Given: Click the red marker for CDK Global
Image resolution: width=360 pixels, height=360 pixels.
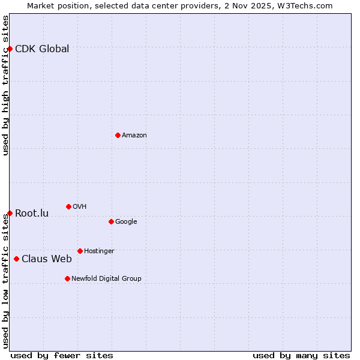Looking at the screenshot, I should (10, 49).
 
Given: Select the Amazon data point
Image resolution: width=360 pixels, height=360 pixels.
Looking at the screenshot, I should (118, 135).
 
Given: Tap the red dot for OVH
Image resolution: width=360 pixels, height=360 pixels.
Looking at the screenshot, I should (68, 206).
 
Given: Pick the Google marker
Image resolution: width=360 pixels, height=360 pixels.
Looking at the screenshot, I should (111, 221).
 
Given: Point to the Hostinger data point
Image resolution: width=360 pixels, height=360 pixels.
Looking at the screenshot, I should (80, 251).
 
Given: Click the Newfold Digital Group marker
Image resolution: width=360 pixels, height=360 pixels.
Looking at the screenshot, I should (67, 278).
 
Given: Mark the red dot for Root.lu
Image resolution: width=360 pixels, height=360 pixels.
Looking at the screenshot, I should (10, 213).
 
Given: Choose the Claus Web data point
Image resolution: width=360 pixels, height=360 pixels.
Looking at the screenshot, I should (16, 259).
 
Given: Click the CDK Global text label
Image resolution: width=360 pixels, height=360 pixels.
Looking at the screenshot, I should (42, 49).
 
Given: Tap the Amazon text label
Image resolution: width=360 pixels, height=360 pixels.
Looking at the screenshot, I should (134, 136).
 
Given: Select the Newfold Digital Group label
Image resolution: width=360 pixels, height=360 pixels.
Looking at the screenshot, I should (106, 278).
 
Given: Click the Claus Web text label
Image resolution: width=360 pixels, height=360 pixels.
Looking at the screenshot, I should (47, 259).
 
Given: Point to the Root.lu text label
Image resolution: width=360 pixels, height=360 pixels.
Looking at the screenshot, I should (32, 214).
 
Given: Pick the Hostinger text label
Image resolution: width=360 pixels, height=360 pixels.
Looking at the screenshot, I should (99, 251).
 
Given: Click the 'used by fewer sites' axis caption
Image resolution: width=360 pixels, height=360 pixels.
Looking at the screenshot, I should (62, 355).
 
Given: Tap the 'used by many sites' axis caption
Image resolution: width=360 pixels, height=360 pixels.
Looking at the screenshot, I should (301, 355).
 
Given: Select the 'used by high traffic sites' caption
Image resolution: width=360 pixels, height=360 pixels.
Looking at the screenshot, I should (5, 85).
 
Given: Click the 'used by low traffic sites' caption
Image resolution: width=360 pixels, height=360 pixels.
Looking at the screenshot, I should (5, 281).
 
